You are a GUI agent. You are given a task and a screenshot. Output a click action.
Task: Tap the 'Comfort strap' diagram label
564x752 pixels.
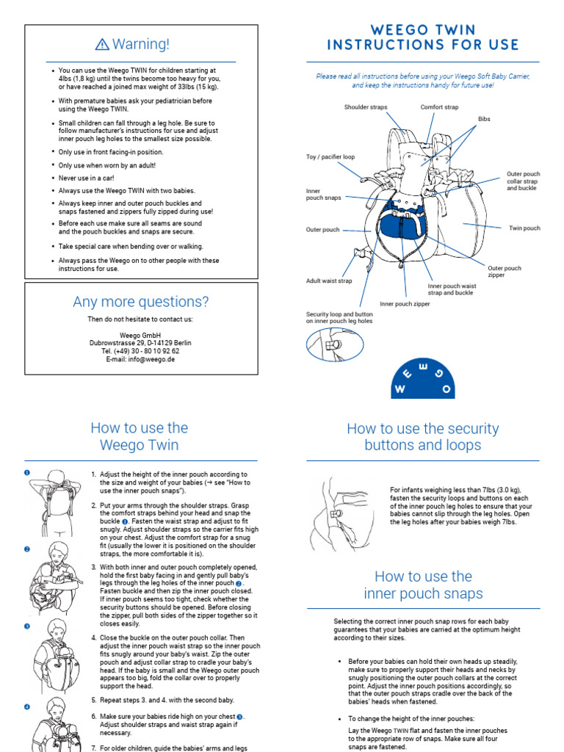(x=439, y=107)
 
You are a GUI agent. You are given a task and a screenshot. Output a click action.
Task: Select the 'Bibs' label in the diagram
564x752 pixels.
(x=484, y=118)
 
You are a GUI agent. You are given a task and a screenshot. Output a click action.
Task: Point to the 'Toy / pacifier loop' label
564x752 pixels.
(x=330, y=157)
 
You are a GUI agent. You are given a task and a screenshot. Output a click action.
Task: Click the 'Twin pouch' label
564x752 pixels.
(x=524, y=228)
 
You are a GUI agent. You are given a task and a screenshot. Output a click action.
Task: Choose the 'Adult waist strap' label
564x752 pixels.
(x=329, y=281)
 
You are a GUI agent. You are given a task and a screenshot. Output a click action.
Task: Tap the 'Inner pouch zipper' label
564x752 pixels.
(x=405, y=303)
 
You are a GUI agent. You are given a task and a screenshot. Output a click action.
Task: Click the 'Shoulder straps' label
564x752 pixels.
(x=365, y=107)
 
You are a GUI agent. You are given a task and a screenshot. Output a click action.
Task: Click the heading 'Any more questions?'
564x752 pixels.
(x=140, y=302)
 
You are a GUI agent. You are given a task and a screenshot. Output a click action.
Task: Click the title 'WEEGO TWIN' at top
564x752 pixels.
(x=422, y=30)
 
